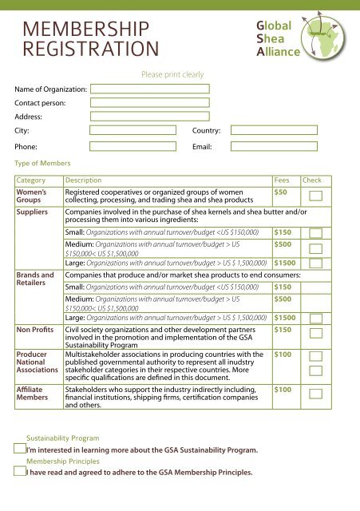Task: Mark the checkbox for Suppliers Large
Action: click(316, 263)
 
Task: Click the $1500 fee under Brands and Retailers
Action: click(286, 317)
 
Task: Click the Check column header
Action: click(311, 180)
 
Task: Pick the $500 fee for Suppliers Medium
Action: click(283, 244)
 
